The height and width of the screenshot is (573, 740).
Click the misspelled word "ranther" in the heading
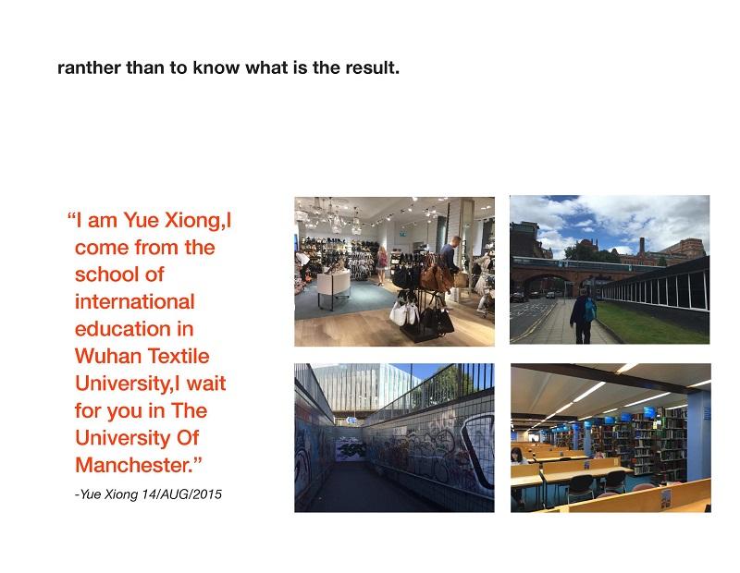pyautogui.click(x=89, y=67)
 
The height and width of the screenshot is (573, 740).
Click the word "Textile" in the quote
pyautogui.click(x=179, y=356)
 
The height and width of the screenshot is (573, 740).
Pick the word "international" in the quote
pyautogui.click(x=135, y=302)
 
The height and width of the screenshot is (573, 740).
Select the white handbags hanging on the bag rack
pyautogui.click(x=404, y=312)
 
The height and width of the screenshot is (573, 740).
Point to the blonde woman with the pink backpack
pyautogui.click(x=382, y=265)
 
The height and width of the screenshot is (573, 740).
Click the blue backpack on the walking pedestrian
pyautogui.click(x=590, y=309)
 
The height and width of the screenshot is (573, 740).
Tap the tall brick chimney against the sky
pyautogui.click(x=642, y=246)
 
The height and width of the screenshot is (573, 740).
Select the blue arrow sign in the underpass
pyautogui.click(x=351, y=420)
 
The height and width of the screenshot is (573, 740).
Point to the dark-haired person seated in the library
pyautogui.click(x=517, y=456)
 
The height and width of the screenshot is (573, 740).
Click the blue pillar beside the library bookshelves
pyautogui.click(x=698, y=436)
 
